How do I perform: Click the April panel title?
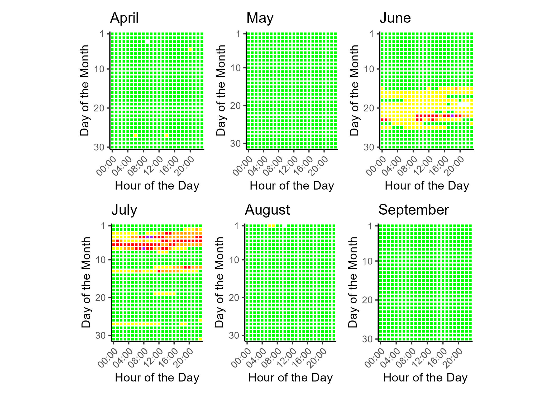coord(124,18)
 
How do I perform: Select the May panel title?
coord(260,18)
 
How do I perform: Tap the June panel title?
coord(395,18)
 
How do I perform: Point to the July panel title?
coord(124,210)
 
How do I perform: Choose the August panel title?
coord(267,210)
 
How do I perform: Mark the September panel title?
coord(414,210)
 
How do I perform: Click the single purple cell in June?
coord(452,116)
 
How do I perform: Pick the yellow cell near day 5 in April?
coord(190,49)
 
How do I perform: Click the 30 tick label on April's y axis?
coord(99,147)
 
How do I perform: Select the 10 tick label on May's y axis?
coord(236,68)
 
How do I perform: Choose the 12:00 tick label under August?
coord(286,358)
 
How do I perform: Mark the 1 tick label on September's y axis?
coord(370,226)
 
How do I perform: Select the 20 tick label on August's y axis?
coord(234,298)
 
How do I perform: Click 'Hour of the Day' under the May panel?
coord(292,186)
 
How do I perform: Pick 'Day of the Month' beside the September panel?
coord(353,282)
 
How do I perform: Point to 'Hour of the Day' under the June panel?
coord(427,186)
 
